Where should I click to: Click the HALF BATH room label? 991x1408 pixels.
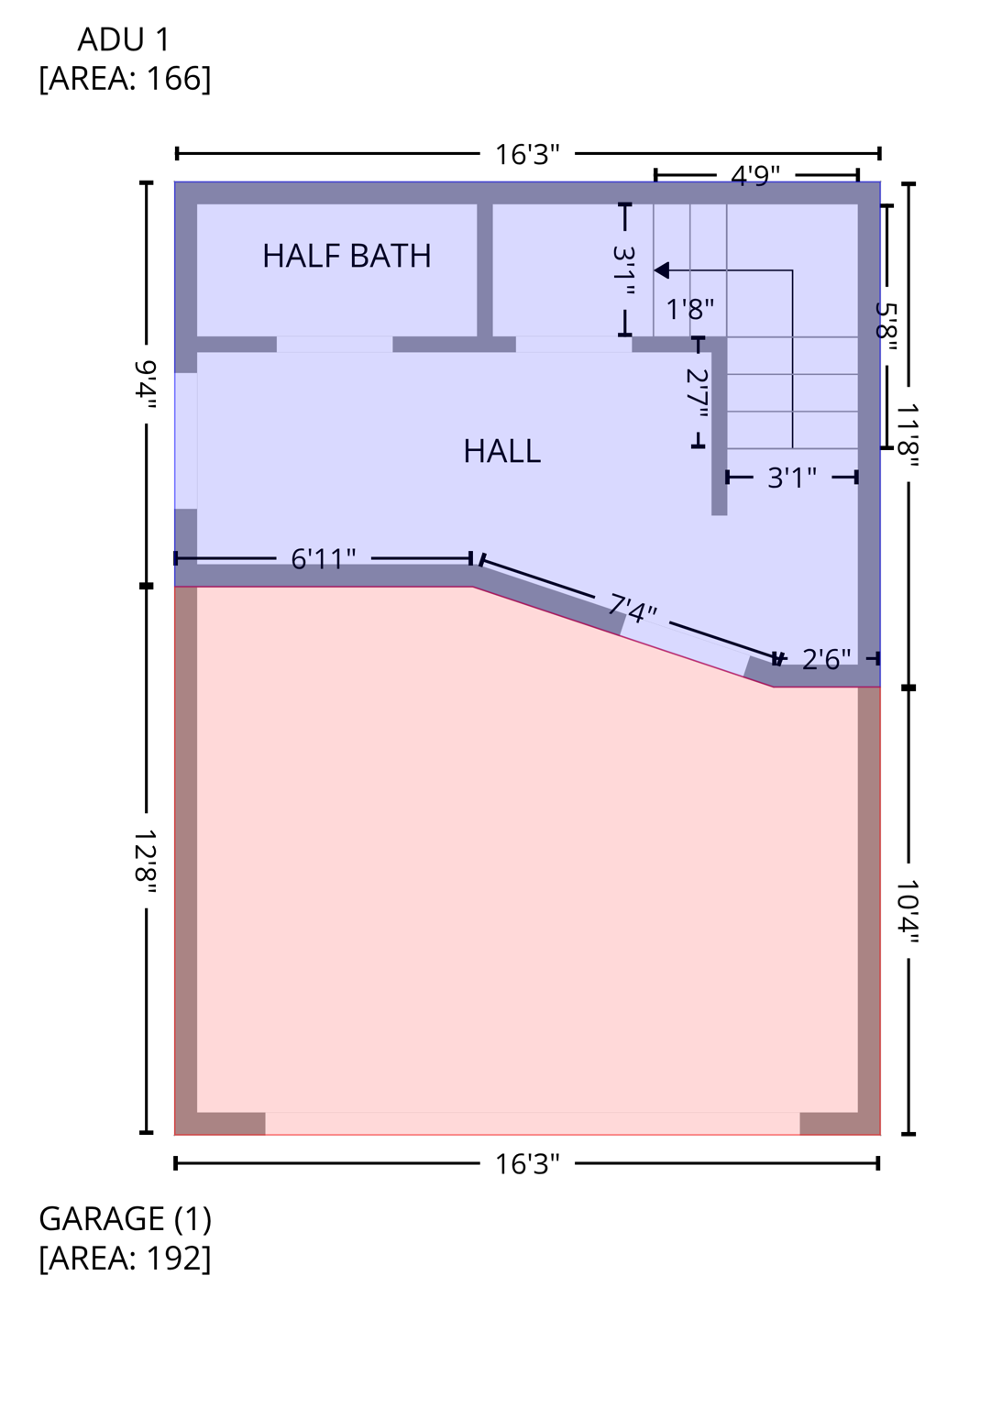tap(347, 256)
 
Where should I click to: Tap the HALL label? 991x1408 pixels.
tap(501, 451)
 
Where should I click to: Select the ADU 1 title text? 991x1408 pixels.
tap(124, 39)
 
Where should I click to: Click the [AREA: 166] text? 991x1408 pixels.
tap(125, 79)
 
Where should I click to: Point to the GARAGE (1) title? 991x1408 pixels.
tap(125, 1218)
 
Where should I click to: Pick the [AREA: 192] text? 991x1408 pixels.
tap(125, 1258)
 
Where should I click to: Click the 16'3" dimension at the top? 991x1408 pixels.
tap(527, 154)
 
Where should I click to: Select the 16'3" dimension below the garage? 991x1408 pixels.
tap(527, 1163)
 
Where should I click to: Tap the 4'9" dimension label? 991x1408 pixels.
tap(754, 175)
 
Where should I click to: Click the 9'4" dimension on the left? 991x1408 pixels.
tap(146, 385)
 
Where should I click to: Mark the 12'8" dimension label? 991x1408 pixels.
tap(146, 856)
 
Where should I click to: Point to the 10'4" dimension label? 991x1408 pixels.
tap(908, 911)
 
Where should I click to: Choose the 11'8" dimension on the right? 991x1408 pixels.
tap(908, 435)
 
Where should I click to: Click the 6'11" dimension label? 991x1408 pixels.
tap(323, 558)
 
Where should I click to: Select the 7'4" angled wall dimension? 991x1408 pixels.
tap(633, 608)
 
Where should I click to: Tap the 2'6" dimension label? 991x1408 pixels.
tap(826, 659)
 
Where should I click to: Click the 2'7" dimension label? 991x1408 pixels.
tap(698, 393)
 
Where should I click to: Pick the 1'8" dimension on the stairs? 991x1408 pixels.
tap(689, 309)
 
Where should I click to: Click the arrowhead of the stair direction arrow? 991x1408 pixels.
tap(661, 270)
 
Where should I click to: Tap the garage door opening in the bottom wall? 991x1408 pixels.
tap(532, 1123)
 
